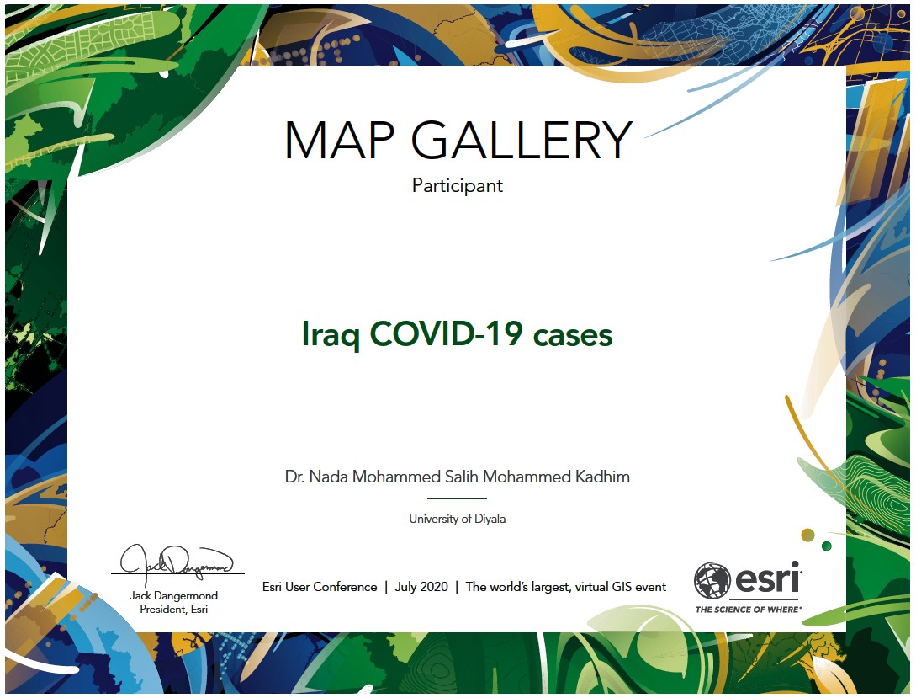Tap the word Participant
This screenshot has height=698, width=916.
(x=458, y=186)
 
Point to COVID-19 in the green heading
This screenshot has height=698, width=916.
(x=446, y=333)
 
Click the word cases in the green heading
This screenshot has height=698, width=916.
(x=573, y=336)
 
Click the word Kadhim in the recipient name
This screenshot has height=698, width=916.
(x=602, y=477)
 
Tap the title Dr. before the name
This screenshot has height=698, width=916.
(x=294, y=477)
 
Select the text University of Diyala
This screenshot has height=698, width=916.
(x=458, y=519)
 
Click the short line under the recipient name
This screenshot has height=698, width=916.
(x=457, y=498)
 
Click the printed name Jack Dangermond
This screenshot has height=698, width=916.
(x=173, y=595)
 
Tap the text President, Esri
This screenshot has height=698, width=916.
(x=173, y=609)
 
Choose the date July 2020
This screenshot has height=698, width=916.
(x=421, y=587)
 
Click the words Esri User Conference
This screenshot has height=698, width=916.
(x=320, y=587)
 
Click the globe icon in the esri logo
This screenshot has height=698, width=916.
(x=712, y=580)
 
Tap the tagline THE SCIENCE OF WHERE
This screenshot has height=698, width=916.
(x=748, y=610)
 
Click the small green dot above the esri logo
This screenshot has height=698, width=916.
(x=827, y=546)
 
